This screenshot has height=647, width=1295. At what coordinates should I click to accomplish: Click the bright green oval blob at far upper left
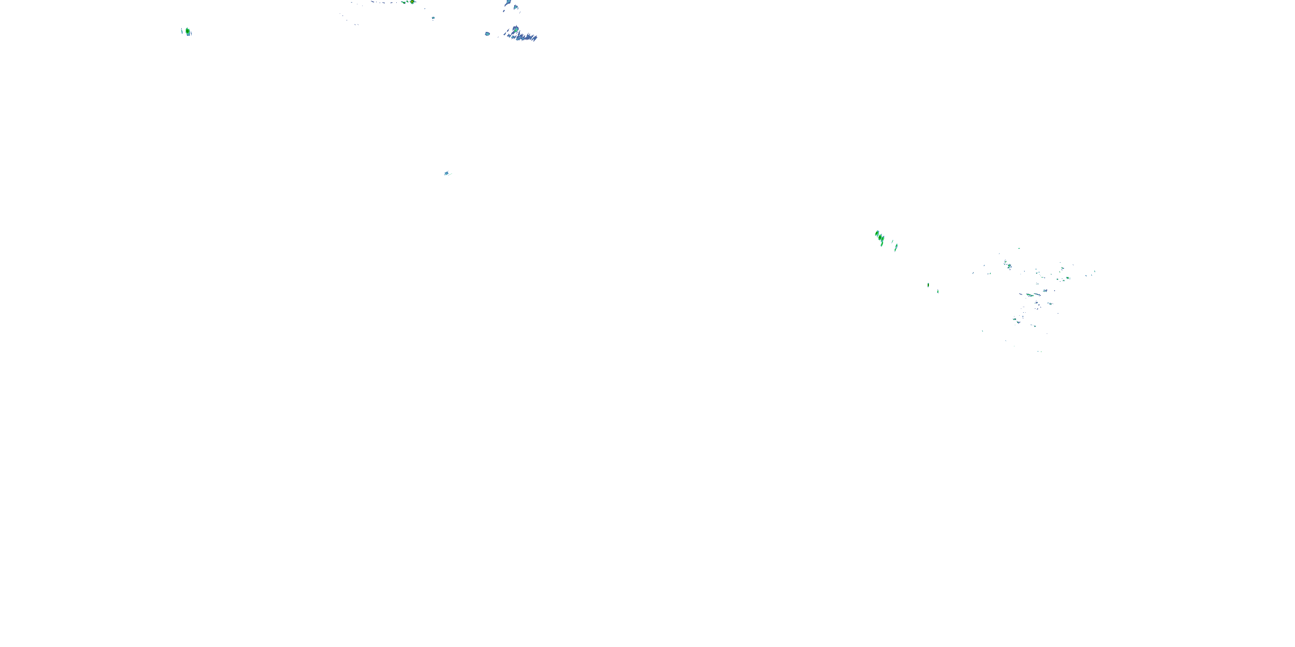[187, 31]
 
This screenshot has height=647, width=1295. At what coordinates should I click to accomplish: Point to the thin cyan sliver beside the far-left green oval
[182, 31]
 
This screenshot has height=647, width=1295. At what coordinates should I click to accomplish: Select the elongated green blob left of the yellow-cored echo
[404, 2]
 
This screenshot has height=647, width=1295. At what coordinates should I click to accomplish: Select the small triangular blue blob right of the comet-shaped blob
[516, 7]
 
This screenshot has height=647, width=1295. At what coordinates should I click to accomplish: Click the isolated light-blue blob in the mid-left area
[446, 173]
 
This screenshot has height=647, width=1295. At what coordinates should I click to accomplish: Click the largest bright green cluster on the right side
[880, 238]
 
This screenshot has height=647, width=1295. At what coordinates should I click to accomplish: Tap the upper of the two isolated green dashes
[928, 285]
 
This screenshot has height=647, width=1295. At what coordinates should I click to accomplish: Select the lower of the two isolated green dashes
[938, 291]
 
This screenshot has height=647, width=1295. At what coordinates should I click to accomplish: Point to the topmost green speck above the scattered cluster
[1019, 248]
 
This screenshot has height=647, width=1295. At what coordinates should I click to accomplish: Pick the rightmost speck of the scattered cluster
[1095, 272]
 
